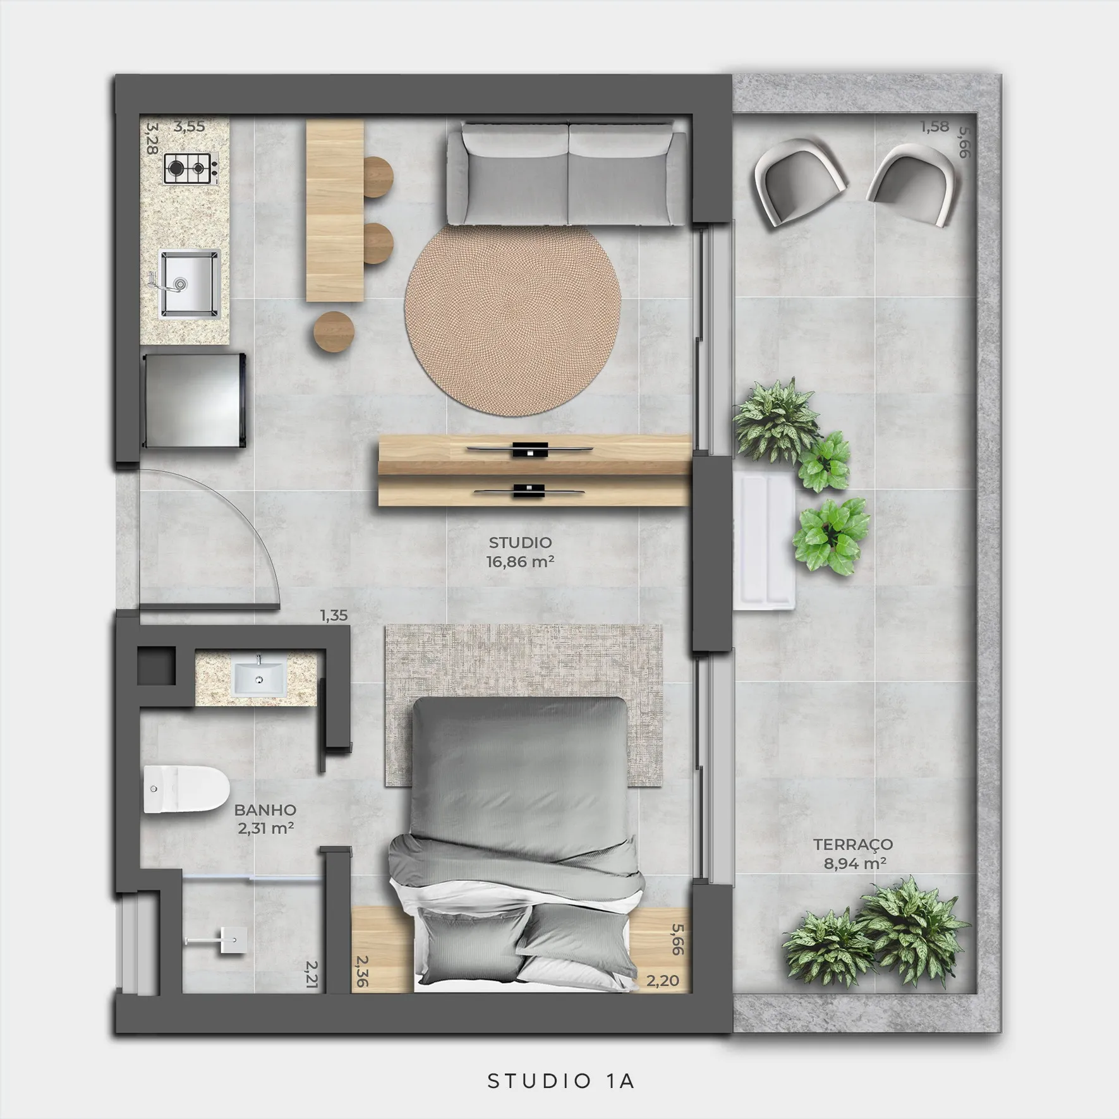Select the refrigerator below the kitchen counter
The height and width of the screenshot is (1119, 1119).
[194, 400]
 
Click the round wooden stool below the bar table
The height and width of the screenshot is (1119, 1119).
[334, 332]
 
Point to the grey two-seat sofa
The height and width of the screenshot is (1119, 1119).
[567, 174]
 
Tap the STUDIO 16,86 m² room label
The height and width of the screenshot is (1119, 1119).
[520, 552]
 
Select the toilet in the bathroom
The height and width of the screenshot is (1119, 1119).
[186, 789]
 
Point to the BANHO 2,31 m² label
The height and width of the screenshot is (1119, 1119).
[265, 819]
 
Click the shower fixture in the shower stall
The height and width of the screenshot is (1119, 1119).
[217, 940]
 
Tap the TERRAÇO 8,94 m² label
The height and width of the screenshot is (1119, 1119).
[853, 854]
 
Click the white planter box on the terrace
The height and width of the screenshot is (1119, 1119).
[764, 540]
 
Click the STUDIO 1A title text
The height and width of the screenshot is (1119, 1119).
[561, 1081]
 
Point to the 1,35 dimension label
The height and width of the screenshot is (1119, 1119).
[334, 615]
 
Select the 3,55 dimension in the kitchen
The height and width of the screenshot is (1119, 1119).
[190, 126]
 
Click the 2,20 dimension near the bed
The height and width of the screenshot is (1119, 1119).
[663, 981]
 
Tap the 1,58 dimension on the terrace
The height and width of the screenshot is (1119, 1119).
[935, 127]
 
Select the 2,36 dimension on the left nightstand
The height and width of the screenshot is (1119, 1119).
[362, 971]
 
